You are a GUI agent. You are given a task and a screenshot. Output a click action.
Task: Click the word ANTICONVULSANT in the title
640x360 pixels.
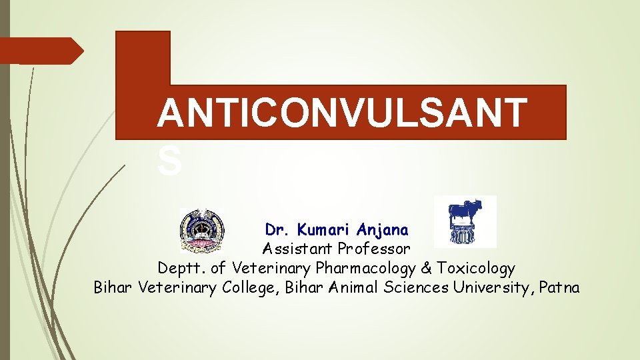[x=341, y=113]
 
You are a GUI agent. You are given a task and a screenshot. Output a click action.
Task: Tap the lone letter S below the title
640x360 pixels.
[x=169, y=162]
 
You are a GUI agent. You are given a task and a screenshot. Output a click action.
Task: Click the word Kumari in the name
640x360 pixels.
[x=325, y=230]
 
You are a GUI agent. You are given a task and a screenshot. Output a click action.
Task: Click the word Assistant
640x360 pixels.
[x=297, y=249]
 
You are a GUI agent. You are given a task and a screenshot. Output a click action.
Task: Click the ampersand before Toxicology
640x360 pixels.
[x=427, y=269]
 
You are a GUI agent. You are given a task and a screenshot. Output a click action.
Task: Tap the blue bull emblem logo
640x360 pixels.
[x=465, y=221]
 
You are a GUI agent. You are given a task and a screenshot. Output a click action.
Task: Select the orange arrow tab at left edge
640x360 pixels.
[x=40, y=50]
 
